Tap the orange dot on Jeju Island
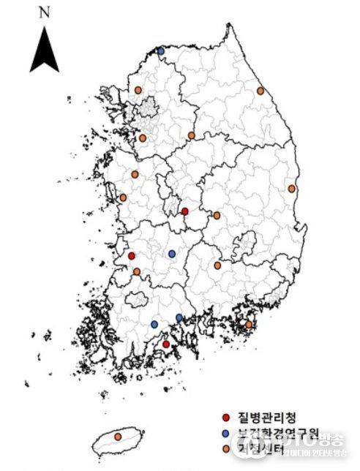coord(119,437)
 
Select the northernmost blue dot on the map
coord(161,50)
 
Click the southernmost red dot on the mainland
coord(165,344)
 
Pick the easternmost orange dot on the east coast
coord(292,189)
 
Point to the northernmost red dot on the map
coord(184,211)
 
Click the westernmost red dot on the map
coord(132,256)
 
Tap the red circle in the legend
coord(227,418)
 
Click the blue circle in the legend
coord(227,432)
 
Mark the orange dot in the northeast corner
coord(260,91)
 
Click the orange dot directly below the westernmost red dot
coord(137,271)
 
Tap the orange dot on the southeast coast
coord(249,324)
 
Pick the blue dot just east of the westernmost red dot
coord(172,254)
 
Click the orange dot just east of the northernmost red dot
coord(217,216)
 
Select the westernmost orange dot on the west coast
coord(123,197)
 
